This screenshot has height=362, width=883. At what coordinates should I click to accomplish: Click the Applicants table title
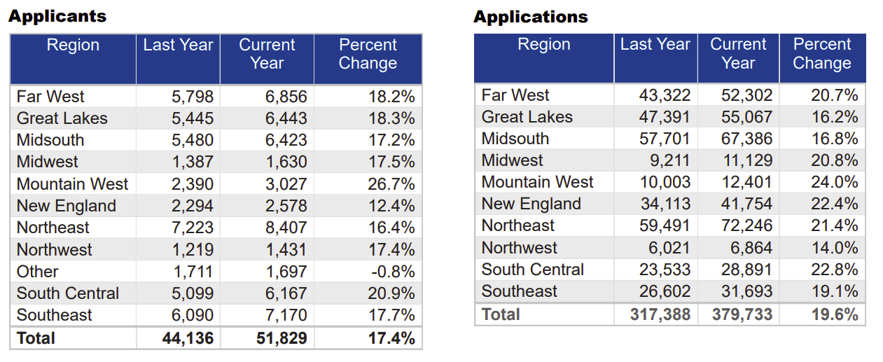(57, 16)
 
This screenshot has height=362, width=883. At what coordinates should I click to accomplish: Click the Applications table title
(531, 17)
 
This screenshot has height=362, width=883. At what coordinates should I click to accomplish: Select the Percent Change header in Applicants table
(368, 54)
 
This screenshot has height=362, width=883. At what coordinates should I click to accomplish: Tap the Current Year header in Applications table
(738, 53)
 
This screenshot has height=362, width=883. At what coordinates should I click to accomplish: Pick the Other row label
(38, 271)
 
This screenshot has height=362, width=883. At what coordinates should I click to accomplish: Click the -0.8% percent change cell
(391, 272)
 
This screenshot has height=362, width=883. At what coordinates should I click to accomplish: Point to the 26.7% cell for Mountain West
(391, 184)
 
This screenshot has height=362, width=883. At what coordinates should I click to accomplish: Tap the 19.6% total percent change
(835, 314)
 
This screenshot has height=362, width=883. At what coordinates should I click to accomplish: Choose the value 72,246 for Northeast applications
(746, 225)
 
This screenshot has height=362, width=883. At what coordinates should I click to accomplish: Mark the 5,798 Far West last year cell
(193, 97)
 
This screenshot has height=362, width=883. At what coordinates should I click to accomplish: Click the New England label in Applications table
(531, 204)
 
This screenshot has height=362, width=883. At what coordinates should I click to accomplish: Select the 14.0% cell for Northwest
(835, 248)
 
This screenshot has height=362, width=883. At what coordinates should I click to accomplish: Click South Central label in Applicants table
(68, 293)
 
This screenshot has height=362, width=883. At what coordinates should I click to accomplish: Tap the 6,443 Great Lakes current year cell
(286, 118)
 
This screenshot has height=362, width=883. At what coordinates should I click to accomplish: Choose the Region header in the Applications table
(543, 45)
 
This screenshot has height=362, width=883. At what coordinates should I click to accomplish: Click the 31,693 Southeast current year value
(746, 291)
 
